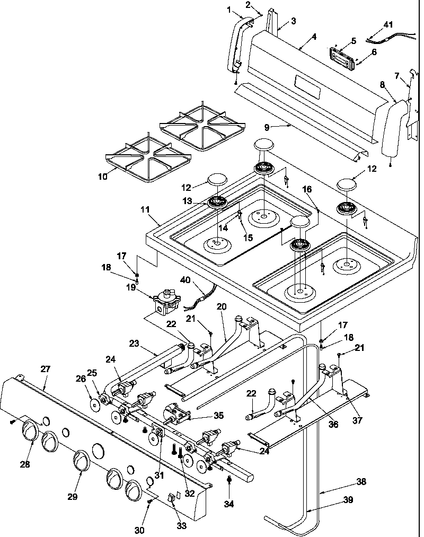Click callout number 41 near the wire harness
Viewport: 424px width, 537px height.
[x=388, y=25]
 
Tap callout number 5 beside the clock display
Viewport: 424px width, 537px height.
[x=354, y=40]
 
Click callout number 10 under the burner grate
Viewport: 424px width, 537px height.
[x=102, y=177]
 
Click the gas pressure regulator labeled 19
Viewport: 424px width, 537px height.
[x=166, y=302]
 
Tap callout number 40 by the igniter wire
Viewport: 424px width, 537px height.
[x=185, y=280]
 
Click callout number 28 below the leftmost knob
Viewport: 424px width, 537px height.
[x=25, y=464]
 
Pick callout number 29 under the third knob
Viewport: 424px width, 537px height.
[x=72, y=497]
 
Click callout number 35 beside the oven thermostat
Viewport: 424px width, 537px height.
[x=204, y=416]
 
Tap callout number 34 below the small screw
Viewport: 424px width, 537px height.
[x=229, y=504]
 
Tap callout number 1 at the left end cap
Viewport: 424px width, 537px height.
[x=229, y=9]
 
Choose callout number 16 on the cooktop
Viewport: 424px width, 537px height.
[x=308, y=188]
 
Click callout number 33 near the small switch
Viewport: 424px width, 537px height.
[x=182, y=526]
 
